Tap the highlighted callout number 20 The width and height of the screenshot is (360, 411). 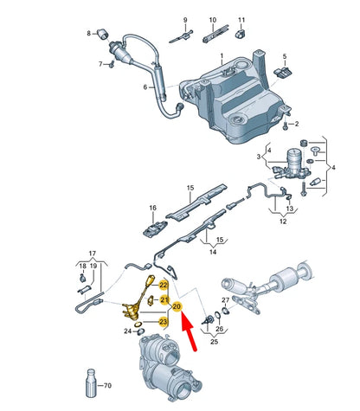pos(177,306)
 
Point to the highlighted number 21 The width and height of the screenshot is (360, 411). pos(164,299)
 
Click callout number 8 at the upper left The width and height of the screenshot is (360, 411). pos(88,34)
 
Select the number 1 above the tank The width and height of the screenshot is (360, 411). pos(221,56)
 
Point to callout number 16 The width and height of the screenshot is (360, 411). pos(152,209)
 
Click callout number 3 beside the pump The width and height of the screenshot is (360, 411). pos(257,157)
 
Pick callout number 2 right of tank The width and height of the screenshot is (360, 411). pos(295,125)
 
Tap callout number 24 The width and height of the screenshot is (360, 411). pos(136,331)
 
